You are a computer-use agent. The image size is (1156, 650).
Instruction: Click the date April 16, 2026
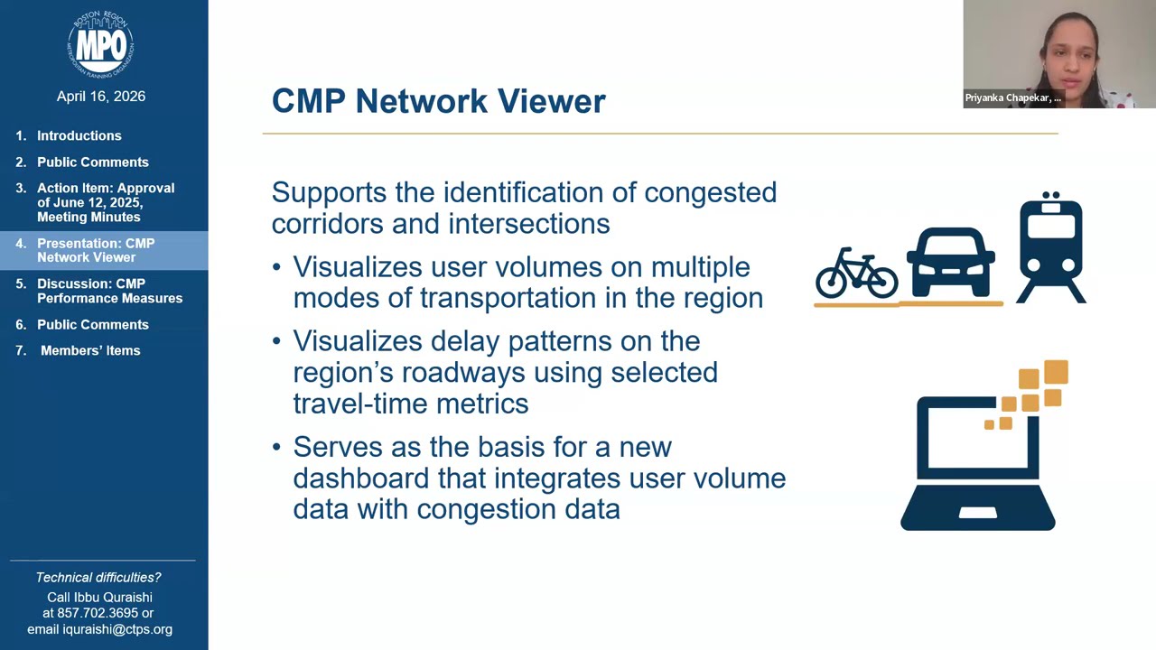tap(100, 97)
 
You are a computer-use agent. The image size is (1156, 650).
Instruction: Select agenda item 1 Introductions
tap(79, 135)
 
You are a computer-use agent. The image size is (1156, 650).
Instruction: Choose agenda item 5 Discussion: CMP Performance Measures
tap(109, 291)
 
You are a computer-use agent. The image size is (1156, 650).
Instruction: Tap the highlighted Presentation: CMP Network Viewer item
tap(96, 250)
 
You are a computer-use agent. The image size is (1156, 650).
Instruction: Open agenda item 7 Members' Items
tap(90, 350)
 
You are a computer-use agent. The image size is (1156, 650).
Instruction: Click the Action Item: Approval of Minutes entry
tap(105, 202)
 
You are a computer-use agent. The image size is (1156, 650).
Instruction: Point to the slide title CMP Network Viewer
tap(438, 101)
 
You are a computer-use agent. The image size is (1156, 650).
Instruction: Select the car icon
tap(951, 263)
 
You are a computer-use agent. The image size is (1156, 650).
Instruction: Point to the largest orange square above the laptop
tap(1056, 372)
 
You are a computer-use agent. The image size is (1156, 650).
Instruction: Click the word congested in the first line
tap(710, 192)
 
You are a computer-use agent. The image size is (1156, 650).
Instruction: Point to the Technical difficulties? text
tap(98, 578)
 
